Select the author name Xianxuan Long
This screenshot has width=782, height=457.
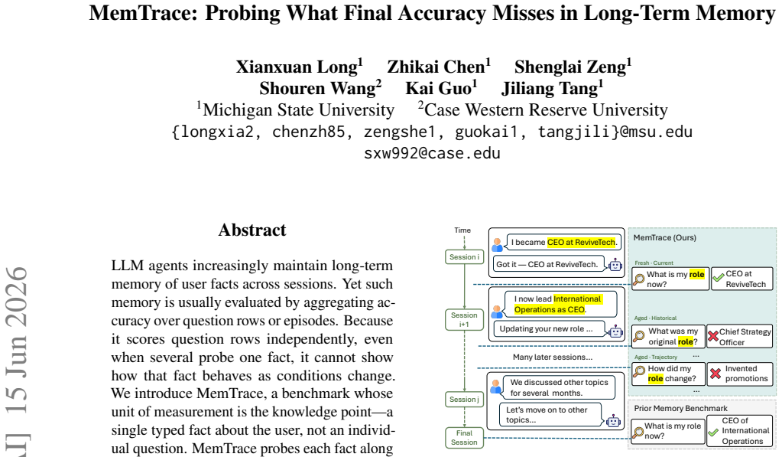(x=297, y=67)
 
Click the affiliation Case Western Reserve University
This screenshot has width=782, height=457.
(x=546, y=110)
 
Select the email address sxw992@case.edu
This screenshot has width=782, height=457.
(x=432, y=153)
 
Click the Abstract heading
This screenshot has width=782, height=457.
(x=252, y=230)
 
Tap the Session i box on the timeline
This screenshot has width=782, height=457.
(x=464, y=256)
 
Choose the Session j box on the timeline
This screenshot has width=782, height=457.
(x=464, y=400)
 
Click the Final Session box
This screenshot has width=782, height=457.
(x=464, y=438)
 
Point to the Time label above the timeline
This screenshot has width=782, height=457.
(x=462, y=230)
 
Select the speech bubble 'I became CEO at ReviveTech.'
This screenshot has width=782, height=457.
(x=564, y=242)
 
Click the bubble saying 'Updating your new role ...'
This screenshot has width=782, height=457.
(x=550, y=329)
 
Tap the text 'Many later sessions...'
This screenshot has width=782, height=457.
(x=553, y=357)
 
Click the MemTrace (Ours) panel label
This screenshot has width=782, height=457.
(x=665, y=238)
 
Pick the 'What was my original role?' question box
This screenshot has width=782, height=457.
(x=668, y=337)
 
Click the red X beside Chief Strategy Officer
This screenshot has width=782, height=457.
(x=713, y=337)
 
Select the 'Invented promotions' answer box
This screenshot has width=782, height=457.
(x=740, y=374)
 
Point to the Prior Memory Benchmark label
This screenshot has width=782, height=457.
(x=681, y=409)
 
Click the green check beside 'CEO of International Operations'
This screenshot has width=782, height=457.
(x=714, y=433)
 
